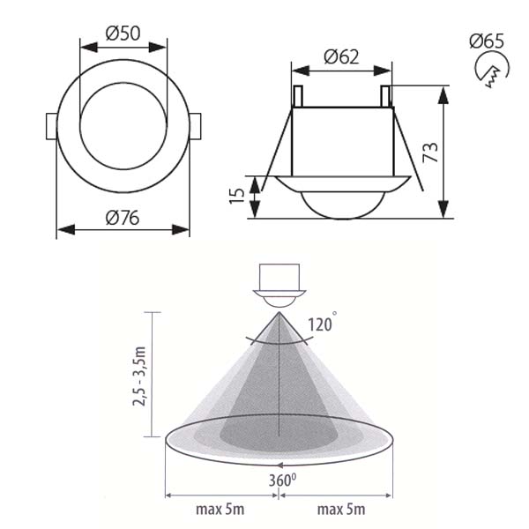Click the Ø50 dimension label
[x=123, y=34]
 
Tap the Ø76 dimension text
[x=123, y=218]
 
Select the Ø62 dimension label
[x=341, y=56]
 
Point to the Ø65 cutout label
[x=487, y=41]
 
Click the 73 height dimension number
[x=431, y=153]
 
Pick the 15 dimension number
[x=237, y=196]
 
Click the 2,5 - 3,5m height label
[x=139, y=376]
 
